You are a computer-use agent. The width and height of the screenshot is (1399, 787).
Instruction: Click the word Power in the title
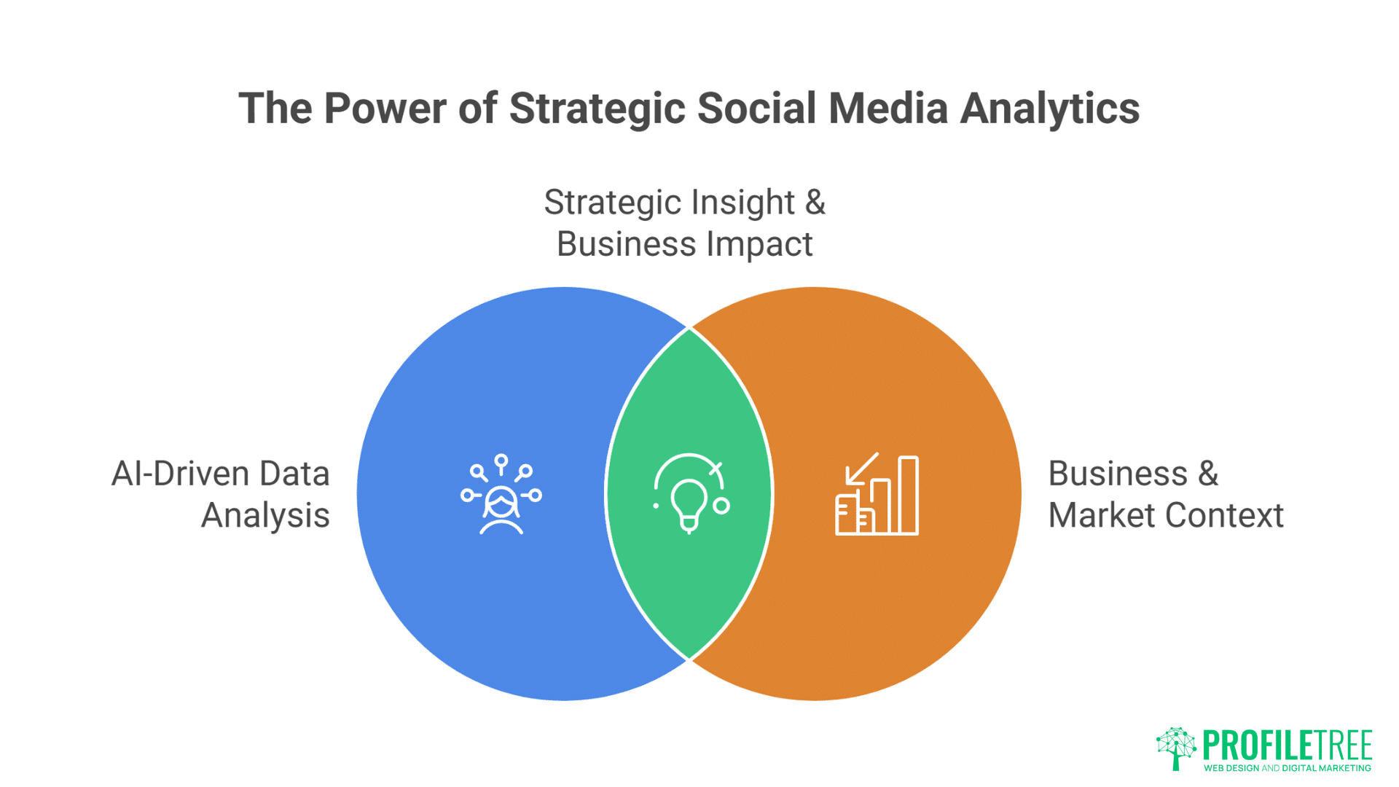(x=384, y=109)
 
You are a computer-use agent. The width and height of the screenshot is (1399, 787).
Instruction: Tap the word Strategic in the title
(x=597, y=109)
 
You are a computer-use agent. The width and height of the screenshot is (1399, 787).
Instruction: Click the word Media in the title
(x=887, y=109)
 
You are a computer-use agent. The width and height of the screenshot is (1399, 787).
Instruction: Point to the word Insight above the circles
(x=742, y=203)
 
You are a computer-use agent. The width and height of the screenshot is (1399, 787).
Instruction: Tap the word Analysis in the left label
(x=265, y=516)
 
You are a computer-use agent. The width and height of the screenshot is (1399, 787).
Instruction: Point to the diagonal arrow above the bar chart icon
(x=861, y=469)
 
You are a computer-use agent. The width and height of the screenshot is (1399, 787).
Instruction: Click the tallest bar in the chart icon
(x=908, y=496)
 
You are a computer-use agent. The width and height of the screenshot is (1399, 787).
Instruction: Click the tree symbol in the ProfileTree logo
(x=1175, y=748)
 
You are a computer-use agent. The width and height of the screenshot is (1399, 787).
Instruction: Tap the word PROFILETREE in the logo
(x=1287, y=745)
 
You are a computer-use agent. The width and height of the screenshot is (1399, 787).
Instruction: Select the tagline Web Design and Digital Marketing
(x=1287, y=768)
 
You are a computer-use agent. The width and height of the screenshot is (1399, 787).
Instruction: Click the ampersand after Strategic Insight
(x=815, y=203)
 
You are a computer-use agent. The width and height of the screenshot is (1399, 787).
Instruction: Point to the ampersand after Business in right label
(x=1208, y=474)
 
